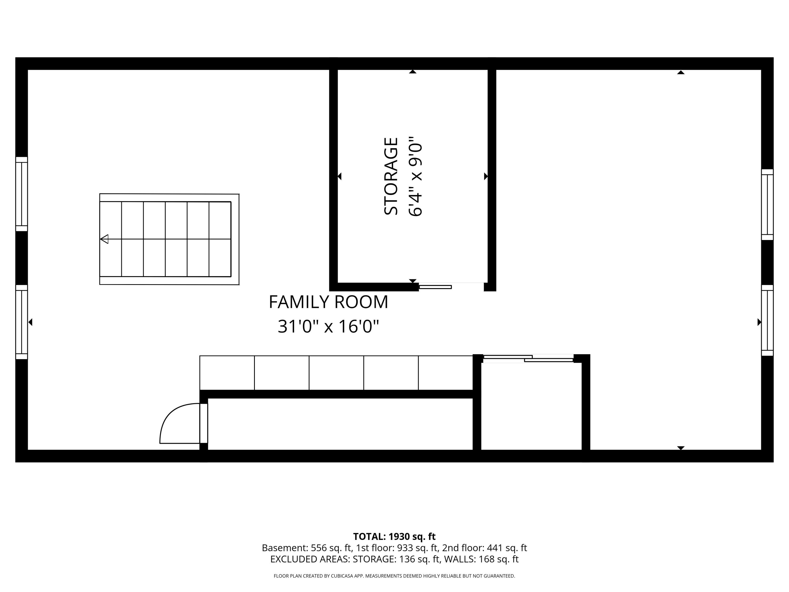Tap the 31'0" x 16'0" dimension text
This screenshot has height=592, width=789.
pyautogui.click(x=328, y=326)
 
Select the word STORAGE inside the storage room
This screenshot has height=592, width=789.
pyautogui.click(x=391, y=176)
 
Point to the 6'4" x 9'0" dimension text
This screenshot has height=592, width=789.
pyautogui.click(x=415, y=176)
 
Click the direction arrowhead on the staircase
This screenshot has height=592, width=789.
pyautogui.click(x=104, y=239)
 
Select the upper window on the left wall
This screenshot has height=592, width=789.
pyautogui.click(x=21, y=194)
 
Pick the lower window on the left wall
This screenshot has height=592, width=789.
pyautogui.click(x=21, y=322)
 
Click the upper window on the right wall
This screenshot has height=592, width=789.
pyautogui.click(x=767, y=204)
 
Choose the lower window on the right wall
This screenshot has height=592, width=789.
pyautogui.click(x=767, y=320)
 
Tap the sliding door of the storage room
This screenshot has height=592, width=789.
pyautogui.click(x=435, y=287)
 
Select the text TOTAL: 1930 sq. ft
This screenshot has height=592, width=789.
pyautogui.click(x=394, y=537)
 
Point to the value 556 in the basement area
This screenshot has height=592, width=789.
pyautogui.click(x=318, y=548)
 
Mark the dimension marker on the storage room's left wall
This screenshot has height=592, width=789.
pyautogui.click(x=340, y=176)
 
